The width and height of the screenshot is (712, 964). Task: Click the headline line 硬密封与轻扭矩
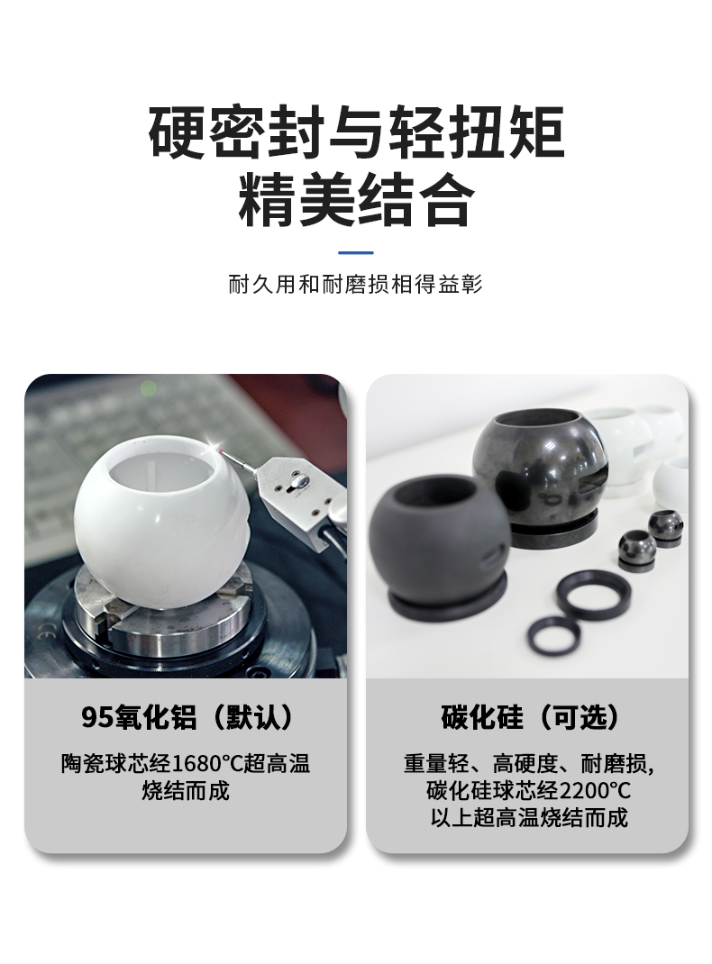(x=356, y=133)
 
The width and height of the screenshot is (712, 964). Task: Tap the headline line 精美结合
(x=356, y=201)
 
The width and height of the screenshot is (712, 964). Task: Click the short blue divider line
(x=356, y=252)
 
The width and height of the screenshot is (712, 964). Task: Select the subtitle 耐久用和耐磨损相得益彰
(x=356, y=286)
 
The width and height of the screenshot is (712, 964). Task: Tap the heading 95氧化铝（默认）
(x=187, y=718)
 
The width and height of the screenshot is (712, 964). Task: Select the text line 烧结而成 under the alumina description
(x=186, y=791)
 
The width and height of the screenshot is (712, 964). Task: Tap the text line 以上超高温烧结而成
(x=528, y=818)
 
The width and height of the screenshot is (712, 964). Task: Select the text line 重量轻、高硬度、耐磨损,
(x=528, y=764)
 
